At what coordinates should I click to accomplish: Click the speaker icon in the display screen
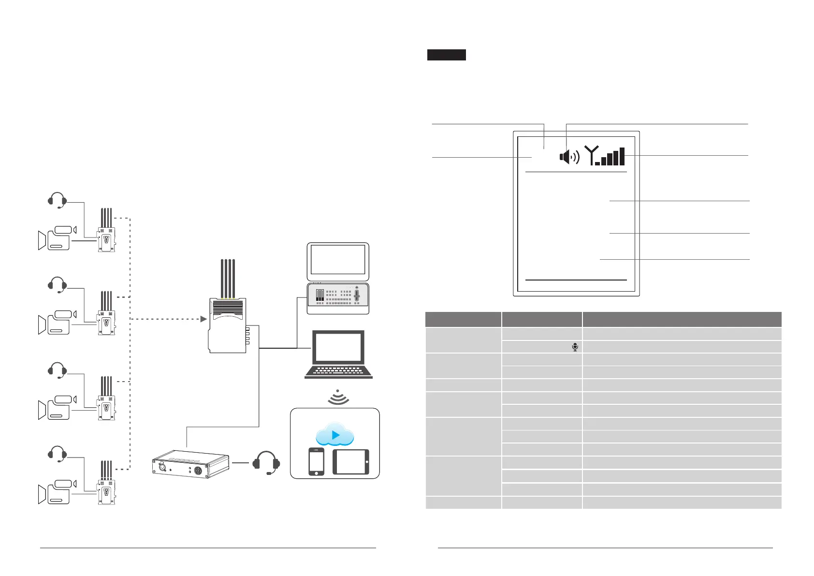tap(569, 157)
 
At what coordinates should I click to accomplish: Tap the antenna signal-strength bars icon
tap(605, 156)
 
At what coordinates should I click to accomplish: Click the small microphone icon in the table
tap(575, 347)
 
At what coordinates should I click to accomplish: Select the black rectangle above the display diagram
tap(446, 55)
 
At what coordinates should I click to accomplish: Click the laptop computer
tap(338, 354)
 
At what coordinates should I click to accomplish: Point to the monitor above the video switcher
tap(338, 262)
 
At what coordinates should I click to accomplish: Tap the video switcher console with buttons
tap(338, 296)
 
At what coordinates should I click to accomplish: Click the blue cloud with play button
tap(335, 435)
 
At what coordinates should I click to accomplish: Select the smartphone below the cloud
tap(316, 461)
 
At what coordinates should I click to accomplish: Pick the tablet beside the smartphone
tap(350, 461)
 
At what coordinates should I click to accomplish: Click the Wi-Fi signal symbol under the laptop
tap(338, 398)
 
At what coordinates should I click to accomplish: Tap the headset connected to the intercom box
tap(266, 463)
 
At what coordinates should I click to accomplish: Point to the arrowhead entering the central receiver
tap(203, 319)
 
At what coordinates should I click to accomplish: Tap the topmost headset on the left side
tap(58, 200)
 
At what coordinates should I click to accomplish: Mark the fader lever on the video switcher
tap(357, 295)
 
